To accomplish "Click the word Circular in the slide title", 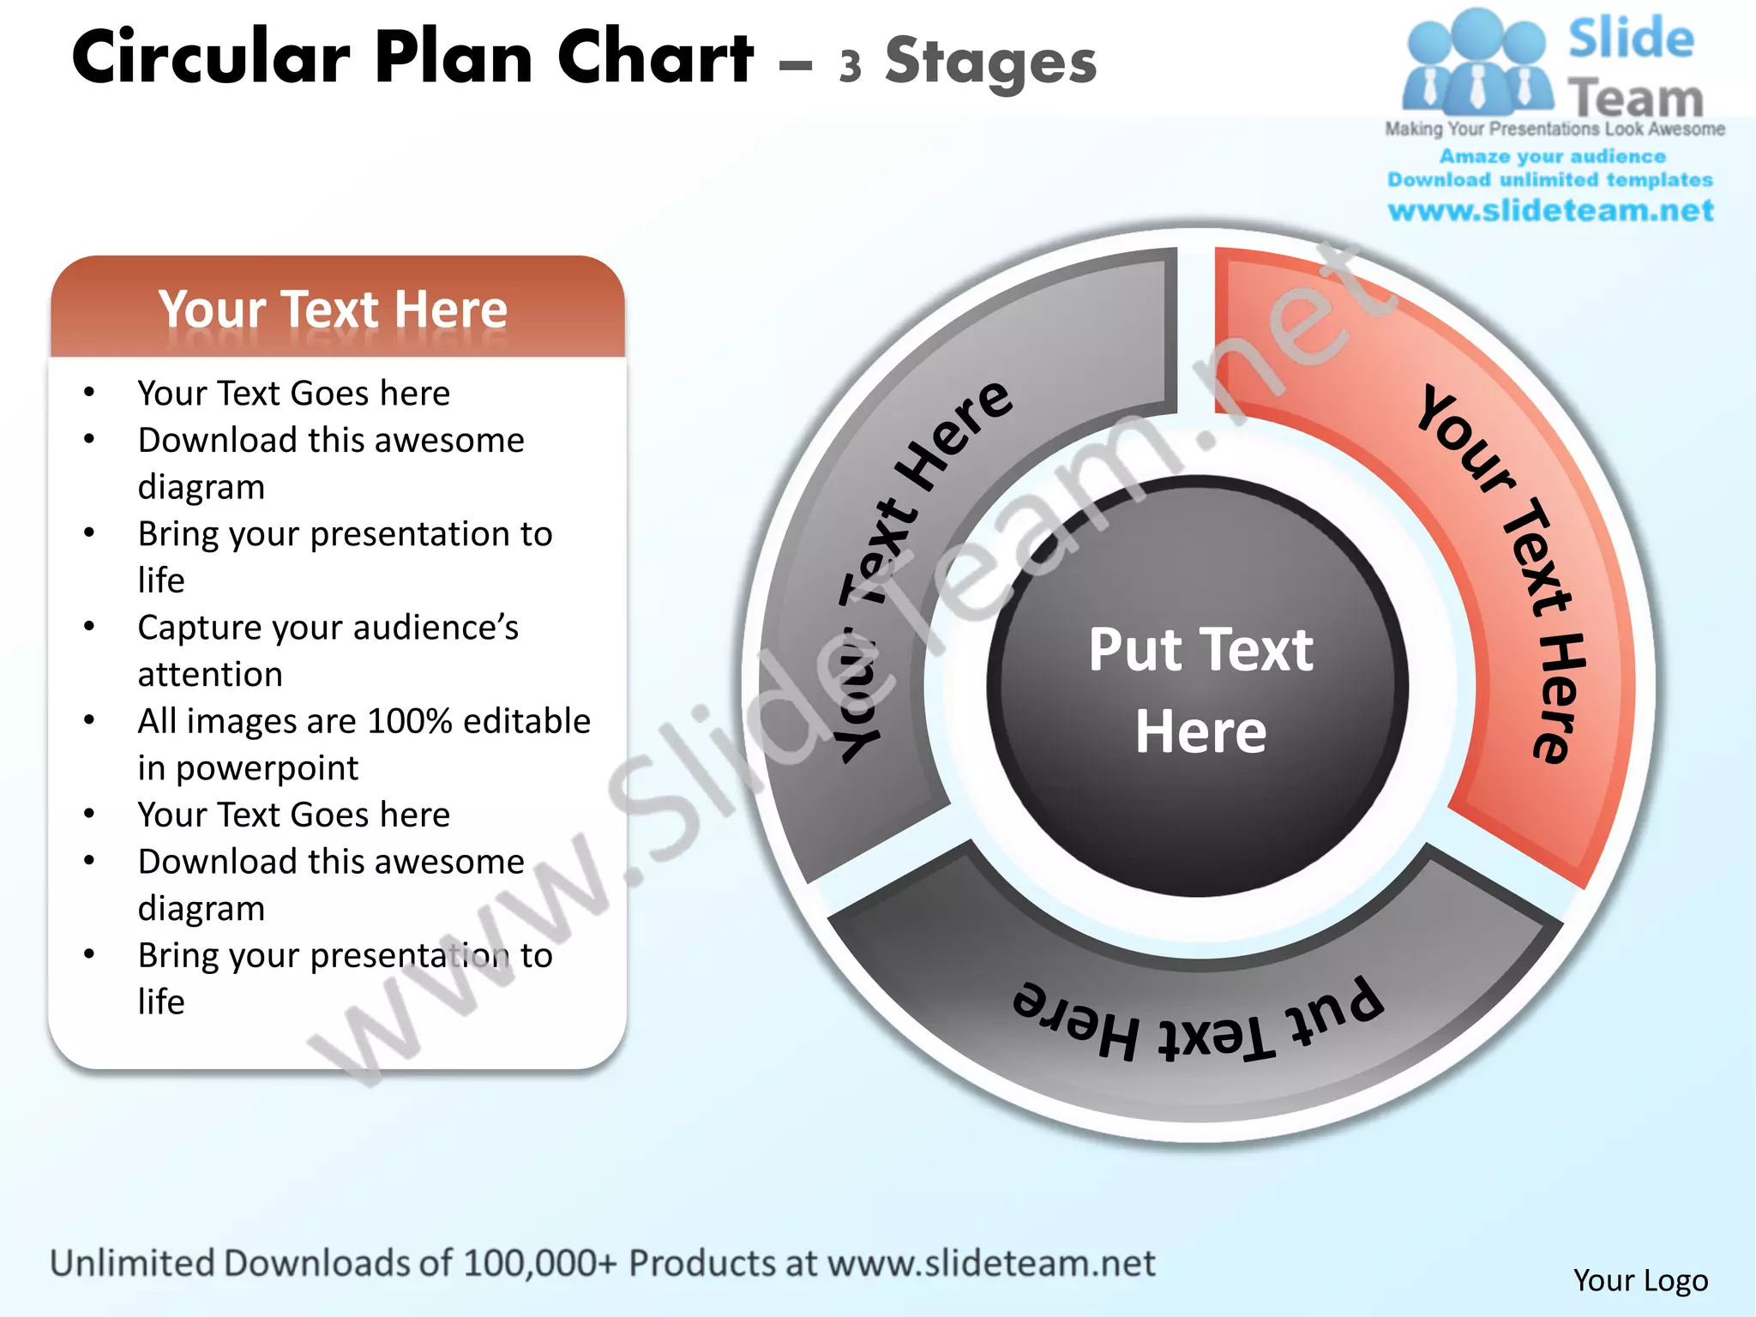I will pyautogui.click(x=211, y=58).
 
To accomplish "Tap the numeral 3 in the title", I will pyautogui.click(x=850, y=67).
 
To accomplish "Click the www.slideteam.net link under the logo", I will pyautogui.click(x=1550, y=211).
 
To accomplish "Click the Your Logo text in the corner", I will pyautogui.click(x=1640, y=1280).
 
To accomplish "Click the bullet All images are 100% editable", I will pyautogui.click(x=364, y=721).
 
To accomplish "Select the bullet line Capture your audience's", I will pyautogui.click(x=328, y=628).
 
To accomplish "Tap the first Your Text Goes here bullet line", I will pyautogui.click(x=293, y=394).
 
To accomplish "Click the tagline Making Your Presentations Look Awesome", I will pyautogui.click(x=1555, y=129).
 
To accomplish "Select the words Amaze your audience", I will pyautogui.click(x=1552, y=157).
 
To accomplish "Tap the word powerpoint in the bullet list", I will pyautogui.click(x=267, y=768).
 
